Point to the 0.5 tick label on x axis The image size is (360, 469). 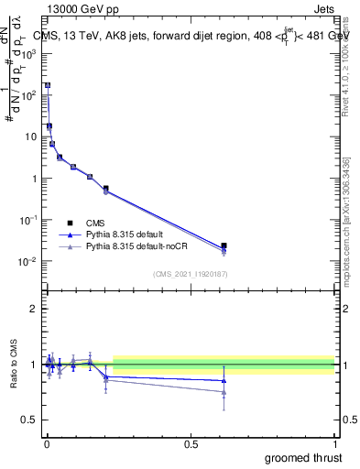click(x=191, y=443)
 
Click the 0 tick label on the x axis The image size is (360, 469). click(x=46, y=443)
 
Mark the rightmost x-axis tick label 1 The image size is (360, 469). click(x=334, y=443)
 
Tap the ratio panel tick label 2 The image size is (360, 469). click(x=34, y=310)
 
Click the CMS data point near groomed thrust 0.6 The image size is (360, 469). click(x=224, y=245)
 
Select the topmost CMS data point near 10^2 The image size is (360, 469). click(x=48, y=85)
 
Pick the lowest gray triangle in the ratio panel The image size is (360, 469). click(x=224, y=392)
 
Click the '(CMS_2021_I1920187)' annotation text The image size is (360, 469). click(x=190, y=273)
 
